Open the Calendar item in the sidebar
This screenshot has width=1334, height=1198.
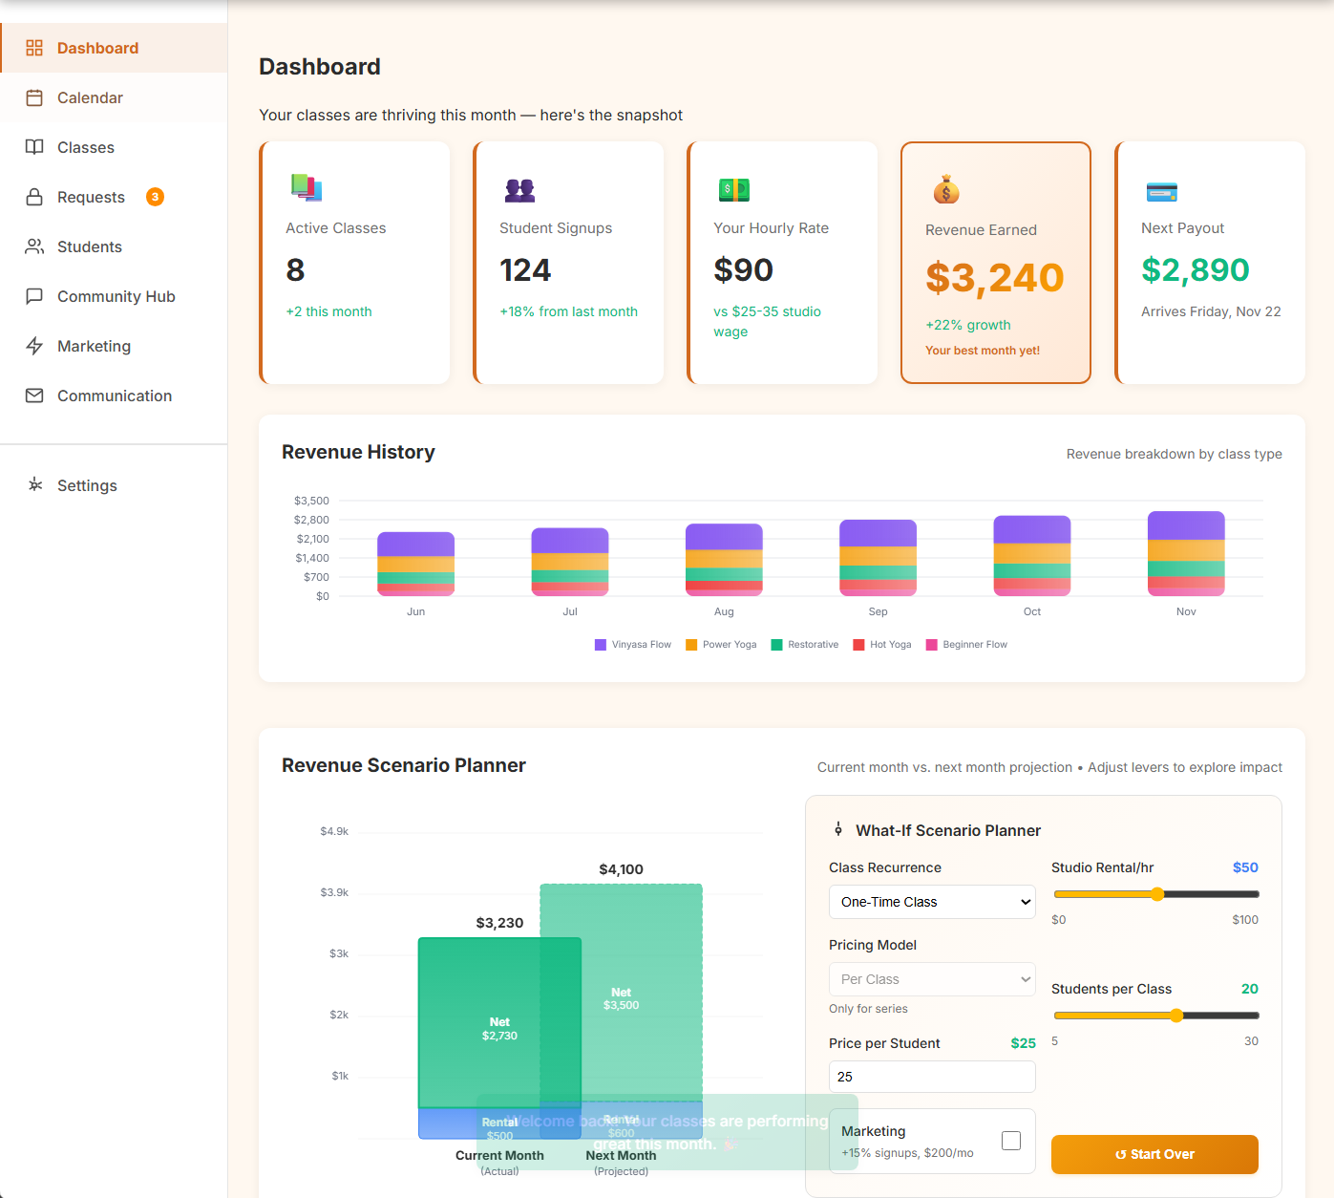coord(90,97)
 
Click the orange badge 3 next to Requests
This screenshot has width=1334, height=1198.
coord(155,197)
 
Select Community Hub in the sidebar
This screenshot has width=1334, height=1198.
coord(116,296)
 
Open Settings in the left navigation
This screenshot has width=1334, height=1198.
coord(87,485)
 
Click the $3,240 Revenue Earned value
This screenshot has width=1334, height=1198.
coord(994,278)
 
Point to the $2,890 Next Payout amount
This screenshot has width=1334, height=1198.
coord(1195,270)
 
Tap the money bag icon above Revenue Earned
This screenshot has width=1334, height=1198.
coord(945,190)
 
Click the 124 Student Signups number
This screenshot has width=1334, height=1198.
coord(525,270)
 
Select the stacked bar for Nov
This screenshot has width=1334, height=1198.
coord(1185,554)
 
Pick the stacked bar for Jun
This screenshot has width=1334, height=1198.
coord(415,564)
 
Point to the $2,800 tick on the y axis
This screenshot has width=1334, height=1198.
coord(311,520)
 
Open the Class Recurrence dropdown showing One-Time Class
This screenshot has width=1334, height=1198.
coord(931,902)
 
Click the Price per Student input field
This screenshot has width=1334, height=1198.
coord(931,1077)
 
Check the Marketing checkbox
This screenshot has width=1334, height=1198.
coord(1011,1141)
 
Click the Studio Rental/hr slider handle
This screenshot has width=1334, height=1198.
coord(1157,894)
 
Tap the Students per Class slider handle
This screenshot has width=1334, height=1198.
coord(1176,1016)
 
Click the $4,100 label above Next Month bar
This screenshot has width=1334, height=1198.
coord(621,869)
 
